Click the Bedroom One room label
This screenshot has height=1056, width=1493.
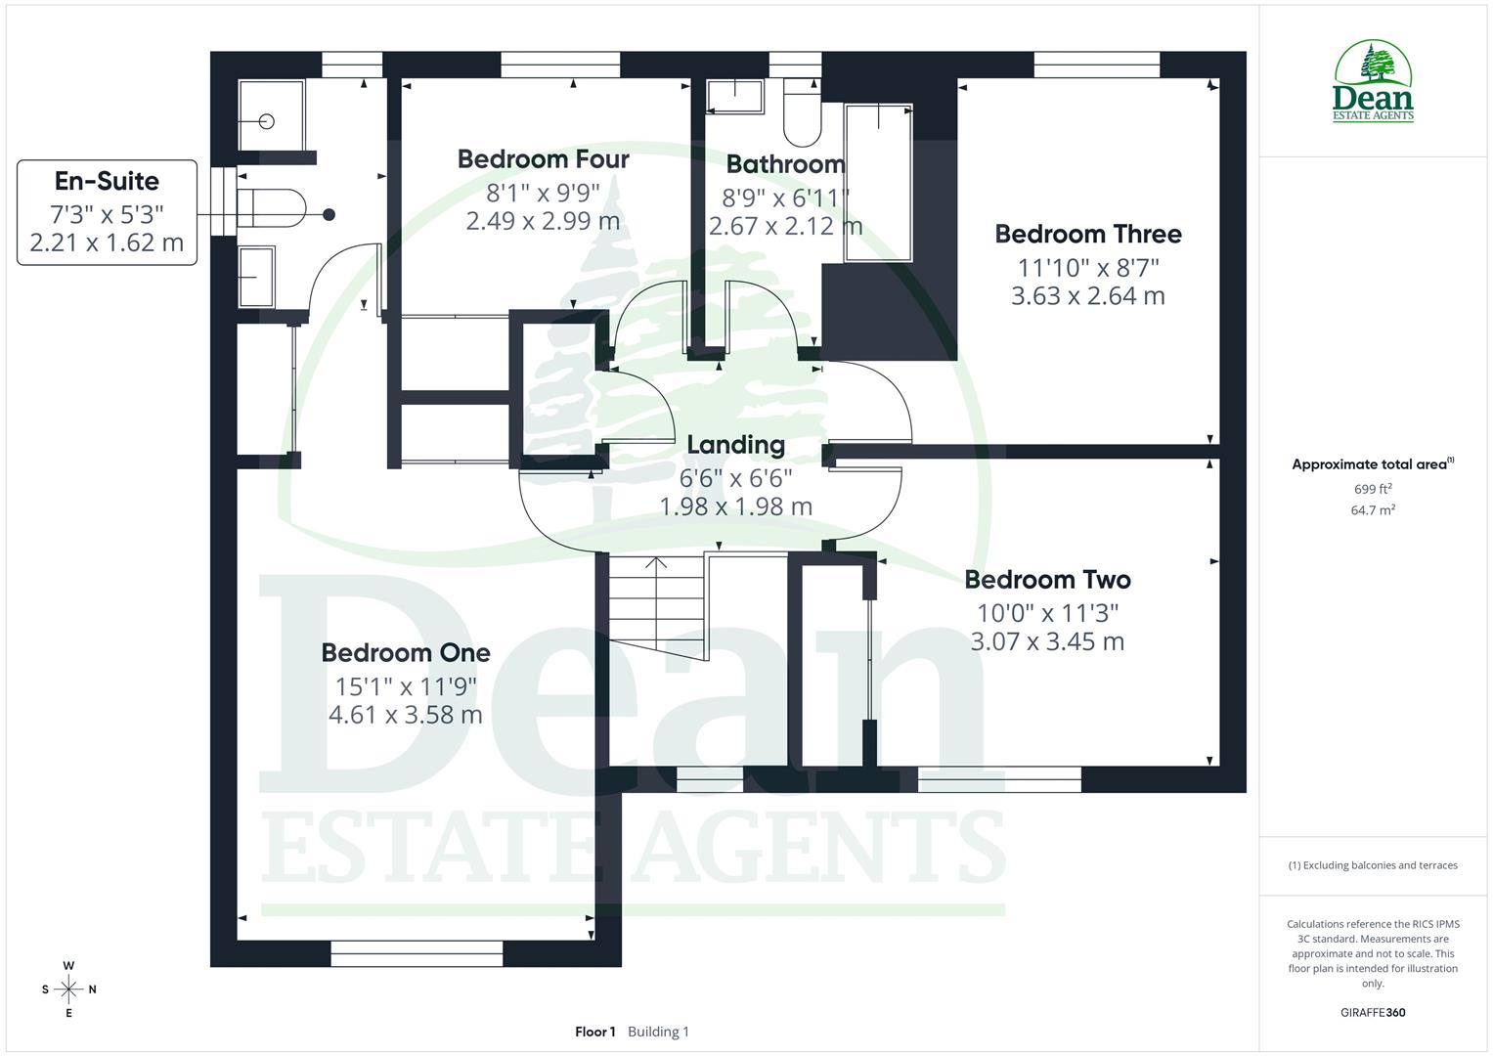click(406, 653)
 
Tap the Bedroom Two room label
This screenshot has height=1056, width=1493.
click(1047, 580)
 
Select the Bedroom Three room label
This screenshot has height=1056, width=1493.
click(1088, 235)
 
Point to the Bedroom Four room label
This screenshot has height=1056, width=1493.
click(543, 159)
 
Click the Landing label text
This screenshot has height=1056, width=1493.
click(735, 445)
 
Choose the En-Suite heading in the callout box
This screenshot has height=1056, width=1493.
click(107, 182)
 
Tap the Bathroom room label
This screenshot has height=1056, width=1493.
click(785, 164)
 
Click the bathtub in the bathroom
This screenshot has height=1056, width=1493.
click(878, 183)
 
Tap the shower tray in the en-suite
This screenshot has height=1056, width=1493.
click(272, 115)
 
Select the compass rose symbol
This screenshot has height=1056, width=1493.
click(68, 990)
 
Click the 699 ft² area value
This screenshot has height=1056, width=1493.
click(1373, 489)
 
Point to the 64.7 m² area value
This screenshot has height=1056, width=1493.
click(1373, 510)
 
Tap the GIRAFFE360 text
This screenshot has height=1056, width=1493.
click(1373, 1013)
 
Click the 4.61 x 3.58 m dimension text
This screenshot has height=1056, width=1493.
click(406, 715)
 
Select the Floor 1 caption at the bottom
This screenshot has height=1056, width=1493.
click(594, 1032)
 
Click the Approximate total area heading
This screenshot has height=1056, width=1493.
click(1369, 464)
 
